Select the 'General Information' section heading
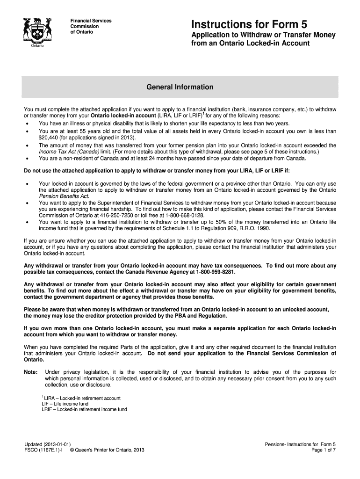tap(180, 87)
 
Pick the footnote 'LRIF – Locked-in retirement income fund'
tap(84, 409)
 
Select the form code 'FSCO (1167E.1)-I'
tap(44, 450)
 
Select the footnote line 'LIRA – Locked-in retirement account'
tap(81, 398)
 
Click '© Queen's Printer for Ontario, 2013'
tap(107, 450)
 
